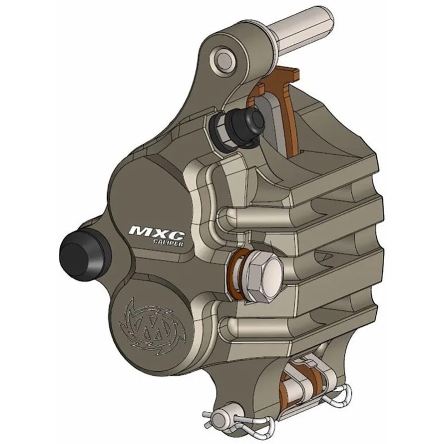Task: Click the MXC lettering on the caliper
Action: tap(149, 230)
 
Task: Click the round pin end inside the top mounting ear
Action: tap(226, 57)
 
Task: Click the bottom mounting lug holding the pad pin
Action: tap(250, 389)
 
